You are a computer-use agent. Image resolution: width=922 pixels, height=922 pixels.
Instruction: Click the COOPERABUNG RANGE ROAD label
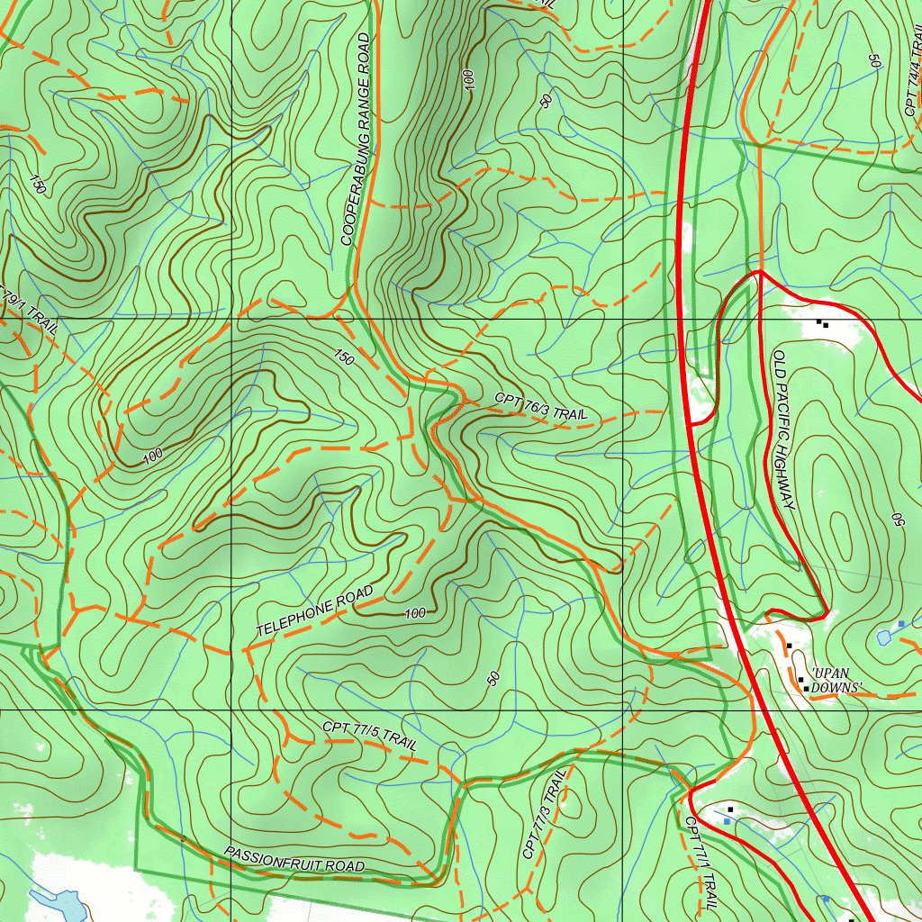tap(357, 140)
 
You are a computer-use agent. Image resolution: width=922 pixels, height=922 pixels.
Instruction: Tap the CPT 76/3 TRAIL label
tap(540, 407)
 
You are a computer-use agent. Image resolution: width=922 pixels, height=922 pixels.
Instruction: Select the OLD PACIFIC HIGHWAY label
tap(783, 430)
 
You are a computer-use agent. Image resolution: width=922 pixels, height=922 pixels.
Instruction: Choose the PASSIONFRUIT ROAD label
tap(294, 860)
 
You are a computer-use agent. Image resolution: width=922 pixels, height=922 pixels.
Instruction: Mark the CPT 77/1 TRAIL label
tap(701, 863)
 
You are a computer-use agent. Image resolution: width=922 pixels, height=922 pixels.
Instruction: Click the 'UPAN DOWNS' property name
tap(836, 681)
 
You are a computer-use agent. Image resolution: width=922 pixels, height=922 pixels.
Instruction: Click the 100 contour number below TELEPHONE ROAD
tap(415, 613)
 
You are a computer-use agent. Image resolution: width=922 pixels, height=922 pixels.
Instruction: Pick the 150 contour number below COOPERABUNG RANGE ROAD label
tap(344, 357)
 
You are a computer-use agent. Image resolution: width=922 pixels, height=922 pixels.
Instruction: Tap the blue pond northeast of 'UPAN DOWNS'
tap(886, 637)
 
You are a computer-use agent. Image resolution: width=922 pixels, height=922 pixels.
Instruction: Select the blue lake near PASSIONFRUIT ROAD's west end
tap(54, 900)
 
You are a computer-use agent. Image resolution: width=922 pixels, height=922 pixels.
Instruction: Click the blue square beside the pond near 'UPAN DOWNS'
tap(900, 623)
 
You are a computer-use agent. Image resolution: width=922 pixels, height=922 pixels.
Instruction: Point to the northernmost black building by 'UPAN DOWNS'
tap(789, 646)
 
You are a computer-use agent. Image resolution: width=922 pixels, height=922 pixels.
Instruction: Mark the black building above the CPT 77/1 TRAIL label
tap(730, 809)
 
